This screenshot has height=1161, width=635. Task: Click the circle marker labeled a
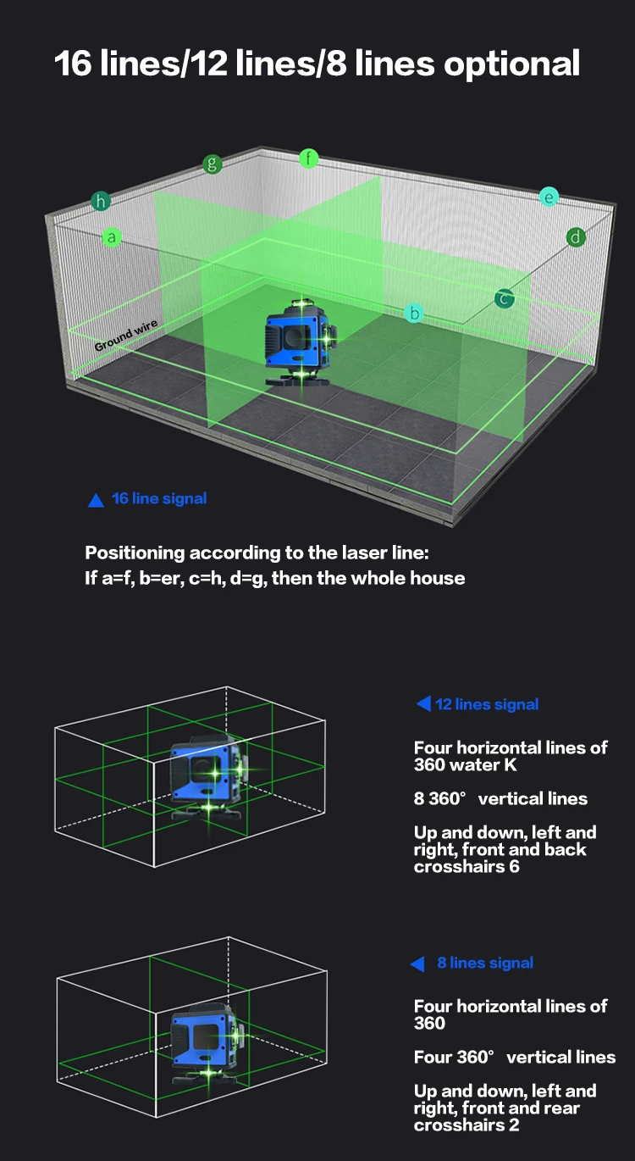[112, 238]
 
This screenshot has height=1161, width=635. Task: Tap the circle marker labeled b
[414, 314]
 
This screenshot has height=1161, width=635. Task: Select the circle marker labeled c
[505, 298]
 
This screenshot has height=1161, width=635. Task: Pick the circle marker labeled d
[577, 236]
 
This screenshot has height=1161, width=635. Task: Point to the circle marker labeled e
[549, 197]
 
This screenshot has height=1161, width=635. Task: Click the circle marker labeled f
[309, 158]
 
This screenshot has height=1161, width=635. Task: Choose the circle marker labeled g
[213, 164]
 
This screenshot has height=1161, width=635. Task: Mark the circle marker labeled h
[102, 202]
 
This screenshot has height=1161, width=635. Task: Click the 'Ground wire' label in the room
[125, 336]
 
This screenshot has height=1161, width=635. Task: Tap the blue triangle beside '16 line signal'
[96, 500]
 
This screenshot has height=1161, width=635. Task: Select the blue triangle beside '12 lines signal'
[423, 704]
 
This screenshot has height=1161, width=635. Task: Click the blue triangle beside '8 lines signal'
[417, 964]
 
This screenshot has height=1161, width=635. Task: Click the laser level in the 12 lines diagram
[206, 775]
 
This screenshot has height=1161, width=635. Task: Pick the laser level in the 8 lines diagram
[206, 1038]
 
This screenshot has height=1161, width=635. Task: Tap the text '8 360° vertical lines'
[500, 798]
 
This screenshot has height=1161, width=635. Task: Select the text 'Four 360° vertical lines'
[515, 1057]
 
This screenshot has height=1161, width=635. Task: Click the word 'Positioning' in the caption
[135, 553]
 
